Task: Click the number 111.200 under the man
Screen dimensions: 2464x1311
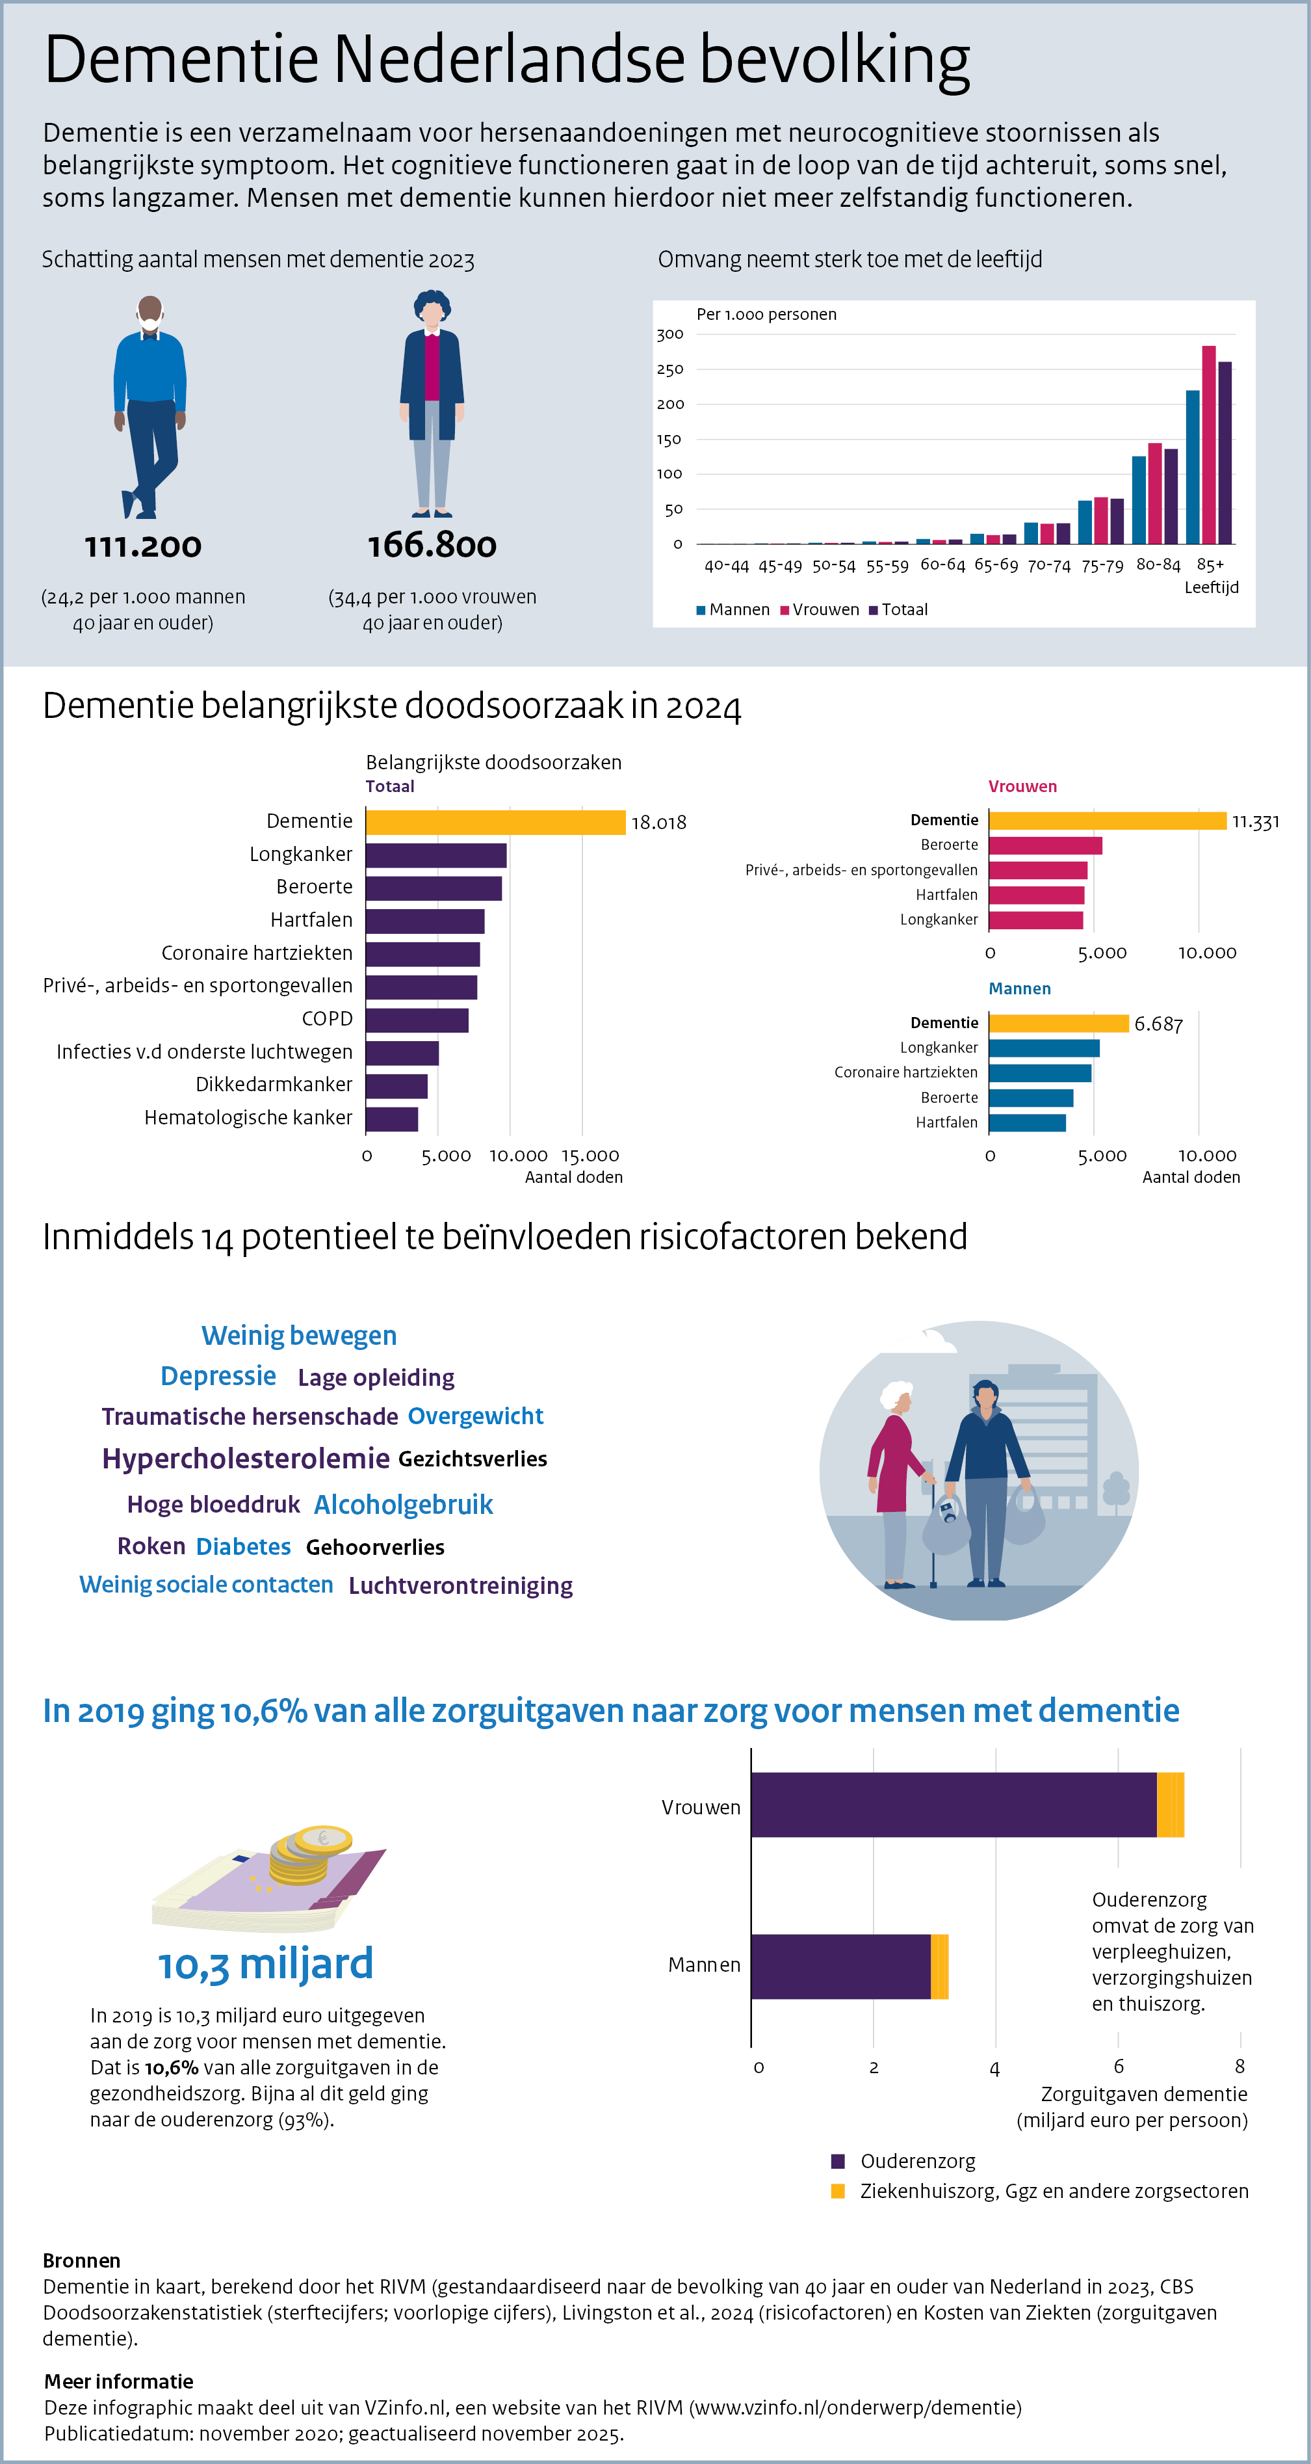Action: (144, 546)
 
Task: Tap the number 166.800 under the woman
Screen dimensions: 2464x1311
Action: (432, 545)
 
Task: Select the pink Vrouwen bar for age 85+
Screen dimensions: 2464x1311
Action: (1209, 445)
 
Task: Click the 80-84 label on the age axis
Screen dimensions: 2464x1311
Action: (1158, 565)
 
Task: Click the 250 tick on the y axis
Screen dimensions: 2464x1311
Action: (669, 369)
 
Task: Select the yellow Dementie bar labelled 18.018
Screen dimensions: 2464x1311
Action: (495, 823)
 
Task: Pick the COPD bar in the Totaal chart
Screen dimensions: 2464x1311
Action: (417, 1020)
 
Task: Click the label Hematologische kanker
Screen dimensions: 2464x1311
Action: (248, 1117)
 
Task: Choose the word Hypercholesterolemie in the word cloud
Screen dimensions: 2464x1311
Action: (246, 1459)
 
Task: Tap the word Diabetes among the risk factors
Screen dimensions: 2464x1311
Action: (243, 1546)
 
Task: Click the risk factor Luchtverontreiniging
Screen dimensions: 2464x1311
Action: (460, 1586)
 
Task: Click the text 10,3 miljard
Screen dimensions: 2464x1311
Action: (265, 1964)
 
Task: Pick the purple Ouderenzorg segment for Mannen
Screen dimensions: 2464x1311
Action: (840, 1967)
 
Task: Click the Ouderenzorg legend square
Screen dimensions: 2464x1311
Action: (838, 2161)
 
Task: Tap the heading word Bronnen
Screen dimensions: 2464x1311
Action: (81, 2260)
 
